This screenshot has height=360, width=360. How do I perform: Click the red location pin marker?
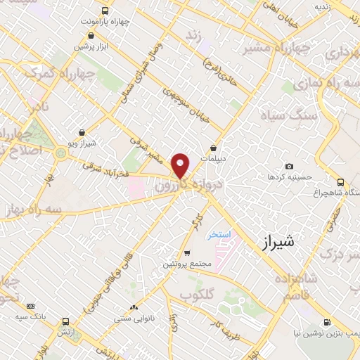pyautogui.click(x=181, y=165)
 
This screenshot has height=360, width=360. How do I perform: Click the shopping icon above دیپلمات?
pyautogui.click(x=213, y=148)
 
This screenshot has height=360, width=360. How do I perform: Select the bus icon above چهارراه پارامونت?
pyautogui.click(x=105, y=11)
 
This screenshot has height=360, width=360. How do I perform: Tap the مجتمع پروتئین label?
pyautogui.click(x=188, y=263)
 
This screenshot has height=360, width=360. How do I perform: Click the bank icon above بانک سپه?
pyautogui.click(x=30, y=306)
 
